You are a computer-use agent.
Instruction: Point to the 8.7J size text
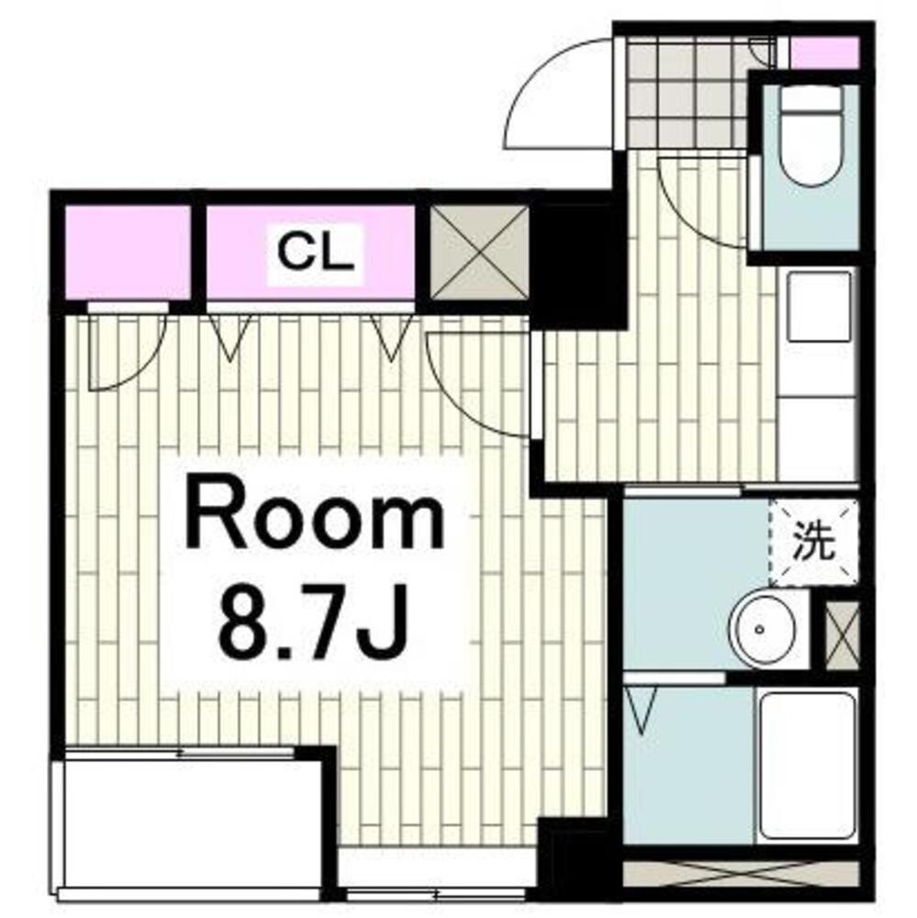coord(312,626)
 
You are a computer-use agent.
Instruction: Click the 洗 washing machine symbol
coord(813,543)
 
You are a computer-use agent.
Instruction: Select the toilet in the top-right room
coord(811,135)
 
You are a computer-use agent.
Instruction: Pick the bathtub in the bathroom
coord(807,767)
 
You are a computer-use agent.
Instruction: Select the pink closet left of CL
coord(127,253)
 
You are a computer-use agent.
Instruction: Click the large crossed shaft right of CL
coord(479,253)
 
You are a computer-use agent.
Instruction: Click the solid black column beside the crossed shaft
coord(576,262)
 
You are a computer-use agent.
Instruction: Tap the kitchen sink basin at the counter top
coord(819,307)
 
